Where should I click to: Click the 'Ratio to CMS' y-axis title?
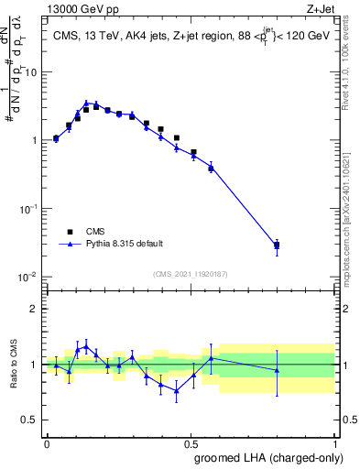coord(14,364)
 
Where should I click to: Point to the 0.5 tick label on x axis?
coord(191,442)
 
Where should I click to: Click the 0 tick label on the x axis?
coord(47,442)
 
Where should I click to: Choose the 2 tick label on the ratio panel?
coord(36,309)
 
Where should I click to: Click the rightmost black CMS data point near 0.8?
coord(277,245)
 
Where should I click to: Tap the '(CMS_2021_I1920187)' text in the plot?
coord(190,274)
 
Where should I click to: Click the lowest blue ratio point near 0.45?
coord(176,390)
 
